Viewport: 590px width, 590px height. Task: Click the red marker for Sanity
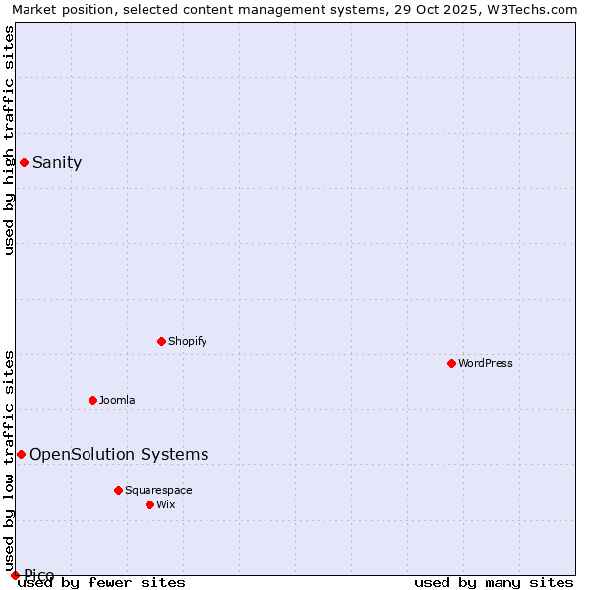pyautogui.click(x=24, y=162)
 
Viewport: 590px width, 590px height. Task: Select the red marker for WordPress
pyautogui.click(x=451, y=363)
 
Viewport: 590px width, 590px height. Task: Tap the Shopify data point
pyautogui.click(x=161, y=341)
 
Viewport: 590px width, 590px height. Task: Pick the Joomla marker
pyautogui.click(x=92, y=400)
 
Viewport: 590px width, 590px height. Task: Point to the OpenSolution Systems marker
pyautogui.click(x=21, y=454)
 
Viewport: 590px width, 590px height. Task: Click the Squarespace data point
pyautogui.click(x=118, y=490)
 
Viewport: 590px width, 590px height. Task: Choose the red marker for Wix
pyautogui.click(x=149, y=504)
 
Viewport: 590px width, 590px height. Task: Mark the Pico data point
pyautogui.click(x=15, y=575)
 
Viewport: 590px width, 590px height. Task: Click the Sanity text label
pyautogui.click(x=57, y=163)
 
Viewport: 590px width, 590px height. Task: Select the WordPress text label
pyautogui.click(x=486, y=363)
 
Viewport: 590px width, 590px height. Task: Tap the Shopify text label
pyautogui.click(x=187, y=341)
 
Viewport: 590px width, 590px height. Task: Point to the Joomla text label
pyautogui.click(x=117, y=400)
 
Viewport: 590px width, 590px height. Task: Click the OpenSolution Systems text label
pyautogui.click(x=119, y=454)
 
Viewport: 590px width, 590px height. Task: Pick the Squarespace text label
pyautogui.click(x=158, y=490)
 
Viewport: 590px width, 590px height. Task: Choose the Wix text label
pyautogui.click(x=165, y=504)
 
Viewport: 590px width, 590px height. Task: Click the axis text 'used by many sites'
pyautogui.click(x=494, y=582)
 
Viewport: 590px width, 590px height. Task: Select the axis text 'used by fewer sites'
pyautogui.click(x=102, y=582)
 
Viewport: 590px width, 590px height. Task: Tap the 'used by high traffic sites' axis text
pyautogui.click(x=9, y=140)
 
